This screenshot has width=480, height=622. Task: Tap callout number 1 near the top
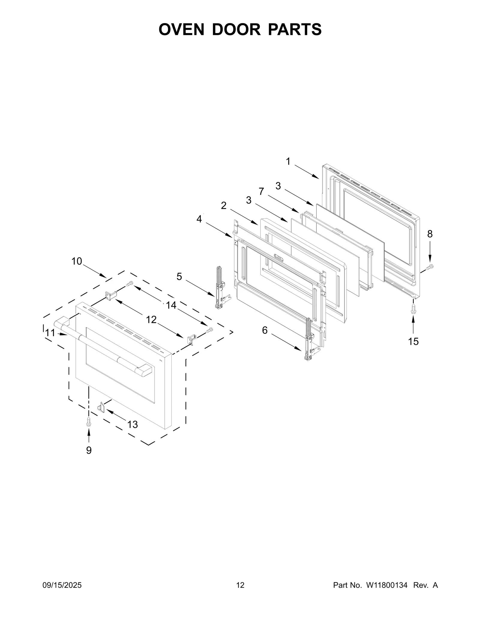[288, 162]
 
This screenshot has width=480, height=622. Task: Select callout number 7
[261, 191]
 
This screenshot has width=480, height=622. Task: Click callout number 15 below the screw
[413, 341]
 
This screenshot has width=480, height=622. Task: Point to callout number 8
[430, 234]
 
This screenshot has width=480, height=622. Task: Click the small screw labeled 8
[430, 266]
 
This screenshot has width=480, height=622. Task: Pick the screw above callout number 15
[413, 309]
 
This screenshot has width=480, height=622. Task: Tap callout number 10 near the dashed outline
[77, 261]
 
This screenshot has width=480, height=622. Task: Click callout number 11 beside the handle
[50, 333]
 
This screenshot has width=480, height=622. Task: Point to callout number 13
[132, 424]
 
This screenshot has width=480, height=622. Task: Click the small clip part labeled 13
[101, 408]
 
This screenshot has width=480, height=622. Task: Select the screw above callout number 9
[88, 422]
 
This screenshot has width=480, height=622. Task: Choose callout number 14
[171, 305]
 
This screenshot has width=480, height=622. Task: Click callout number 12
[151, 320]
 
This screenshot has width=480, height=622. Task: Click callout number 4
[199, 219]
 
